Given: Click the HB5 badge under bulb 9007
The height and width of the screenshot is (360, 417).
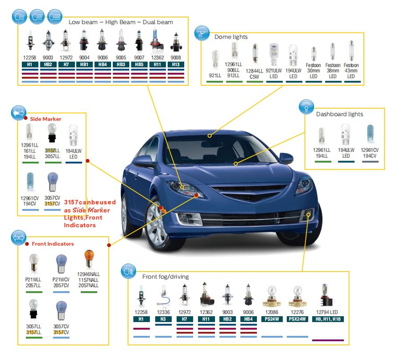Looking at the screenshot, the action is coord(139,65).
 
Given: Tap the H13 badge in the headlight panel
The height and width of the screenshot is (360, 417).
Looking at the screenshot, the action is coord(176,65).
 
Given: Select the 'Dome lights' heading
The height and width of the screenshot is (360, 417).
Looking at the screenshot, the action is coord(231,37).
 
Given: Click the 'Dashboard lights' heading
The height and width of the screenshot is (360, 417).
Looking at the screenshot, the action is coord(339,114).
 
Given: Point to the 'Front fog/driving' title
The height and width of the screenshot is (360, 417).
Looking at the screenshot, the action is coord(165,277).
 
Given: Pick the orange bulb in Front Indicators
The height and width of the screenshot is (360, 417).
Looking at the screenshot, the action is coord(89,258).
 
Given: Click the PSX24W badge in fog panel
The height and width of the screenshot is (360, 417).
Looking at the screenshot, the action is coord(297,319).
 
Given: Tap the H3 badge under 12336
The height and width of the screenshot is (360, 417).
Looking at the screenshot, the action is coord(163,319).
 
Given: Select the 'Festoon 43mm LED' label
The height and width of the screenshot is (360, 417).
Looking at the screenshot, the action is coord(351,70).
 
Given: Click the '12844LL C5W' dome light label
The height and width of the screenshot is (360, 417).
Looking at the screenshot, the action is coord(254,74).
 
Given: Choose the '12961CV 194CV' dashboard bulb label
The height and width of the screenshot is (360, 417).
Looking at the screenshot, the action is coord(370,153).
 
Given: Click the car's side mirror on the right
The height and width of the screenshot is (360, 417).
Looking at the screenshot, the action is coord(286,158).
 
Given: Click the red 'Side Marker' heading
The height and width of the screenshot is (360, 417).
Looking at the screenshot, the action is coord(45,119).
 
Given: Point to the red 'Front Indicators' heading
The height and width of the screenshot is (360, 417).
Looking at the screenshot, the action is coord(53,244).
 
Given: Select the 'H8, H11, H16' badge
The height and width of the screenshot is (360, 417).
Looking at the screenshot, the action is coord(328,319).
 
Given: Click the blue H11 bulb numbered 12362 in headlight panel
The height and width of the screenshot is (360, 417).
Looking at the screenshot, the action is coord(157,41).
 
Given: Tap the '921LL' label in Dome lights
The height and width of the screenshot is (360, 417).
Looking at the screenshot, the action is coord(215,75).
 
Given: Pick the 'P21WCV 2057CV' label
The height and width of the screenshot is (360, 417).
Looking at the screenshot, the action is coord(61,282).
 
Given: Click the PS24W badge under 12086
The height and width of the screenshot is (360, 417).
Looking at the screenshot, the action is coord(272,319).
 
